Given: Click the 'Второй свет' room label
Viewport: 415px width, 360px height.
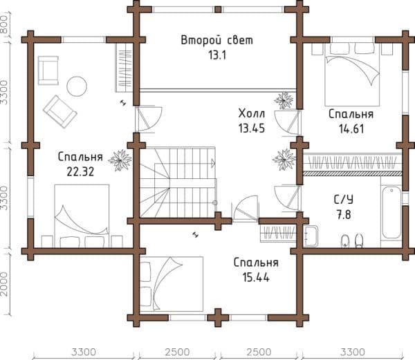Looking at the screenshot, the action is point(216,41).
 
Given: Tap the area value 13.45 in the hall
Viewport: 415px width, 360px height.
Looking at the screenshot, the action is point(252,129).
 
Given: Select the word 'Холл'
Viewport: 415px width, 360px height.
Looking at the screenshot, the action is point(252,113).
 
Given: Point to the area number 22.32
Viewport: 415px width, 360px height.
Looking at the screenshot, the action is point(80,172).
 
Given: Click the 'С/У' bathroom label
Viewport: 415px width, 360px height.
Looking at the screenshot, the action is point(343,200).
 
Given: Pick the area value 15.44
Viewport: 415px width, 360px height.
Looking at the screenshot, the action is point(256,278).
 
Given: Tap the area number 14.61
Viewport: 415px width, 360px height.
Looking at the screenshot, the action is point(351,129).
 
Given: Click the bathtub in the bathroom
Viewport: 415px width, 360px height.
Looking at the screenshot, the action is point(391,213).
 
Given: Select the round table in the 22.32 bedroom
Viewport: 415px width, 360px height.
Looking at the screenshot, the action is point(77,86).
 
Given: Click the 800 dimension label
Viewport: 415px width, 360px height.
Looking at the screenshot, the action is point(3,24).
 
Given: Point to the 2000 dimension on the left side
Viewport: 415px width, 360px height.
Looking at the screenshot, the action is point(3,283).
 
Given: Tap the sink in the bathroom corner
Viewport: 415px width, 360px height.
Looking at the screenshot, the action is point(310,236).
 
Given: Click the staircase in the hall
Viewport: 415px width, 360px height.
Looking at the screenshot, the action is point(178,182).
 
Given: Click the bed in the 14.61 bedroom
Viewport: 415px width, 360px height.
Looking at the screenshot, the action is point(352,75).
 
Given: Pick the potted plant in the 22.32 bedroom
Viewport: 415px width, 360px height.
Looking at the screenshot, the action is point(120,160).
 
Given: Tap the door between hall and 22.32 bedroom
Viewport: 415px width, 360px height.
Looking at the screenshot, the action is point(148,119).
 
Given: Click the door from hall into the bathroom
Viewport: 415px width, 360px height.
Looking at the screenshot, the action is point(288,198).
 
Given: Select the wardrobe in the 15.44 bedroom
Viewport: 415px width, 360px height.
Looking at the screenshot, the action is point(278,233).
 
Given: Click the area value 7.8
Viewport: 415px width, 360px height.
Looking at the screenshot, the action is point(344,215).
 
